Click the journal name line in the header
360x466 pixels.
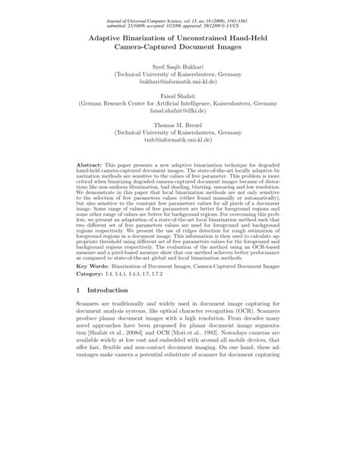pos(179,6)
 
